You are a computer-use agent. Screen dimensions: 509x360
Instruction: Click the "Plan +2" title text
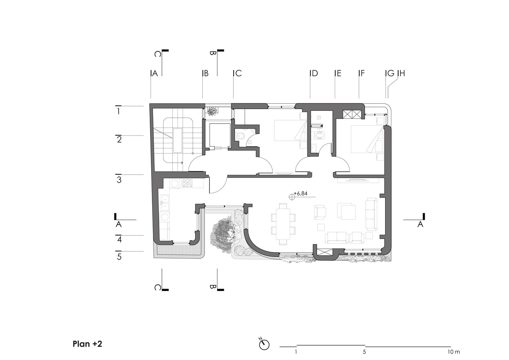tap(87, 344)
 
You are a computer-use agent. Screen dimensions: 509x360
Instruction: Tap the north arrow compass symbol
tap(264, 344)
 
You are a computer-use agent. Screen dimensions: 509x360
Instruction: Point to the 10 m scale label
tap(454, 352)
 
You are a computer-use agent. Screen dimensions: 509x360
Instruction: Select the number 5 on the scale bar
tap(364, 352)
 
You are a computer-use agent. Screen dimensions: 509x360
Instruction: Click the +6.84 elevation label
tap(301, 193)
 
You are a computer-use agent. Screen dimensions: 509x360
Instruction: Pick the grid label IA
tap(154, 73)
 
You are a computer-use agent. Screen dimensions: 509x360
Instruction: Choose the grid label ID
tap(314, 73)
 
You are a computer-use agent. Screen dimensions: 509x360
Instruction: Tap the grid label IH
tap(401, 73)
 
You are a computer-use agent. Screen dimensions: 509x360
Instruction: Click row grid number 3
tap(119, 180)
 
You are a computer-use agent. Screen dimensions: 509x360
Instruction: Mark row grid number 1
tap(118, 111)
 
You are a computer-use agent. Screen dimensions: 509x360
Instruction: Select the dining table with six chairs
tap(283, 224)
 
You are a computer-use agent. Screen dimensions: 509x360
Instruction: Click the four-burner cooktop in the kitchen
tap(187, 183)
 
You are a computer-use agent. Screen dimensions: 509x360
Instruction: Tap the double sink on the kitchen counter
tap(164, 203)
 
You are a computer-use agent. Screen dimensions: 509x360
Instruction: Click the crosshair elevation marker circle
tap(292, 197)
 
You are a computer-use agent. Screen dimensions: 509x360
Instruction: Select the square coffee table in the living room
tap(347, 211)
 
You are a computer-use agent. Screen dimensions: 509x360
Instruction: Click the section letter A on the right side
tap(420, 224)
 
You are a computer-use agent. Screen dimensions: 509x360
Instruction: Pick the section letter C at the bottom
tap(157, 288)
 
